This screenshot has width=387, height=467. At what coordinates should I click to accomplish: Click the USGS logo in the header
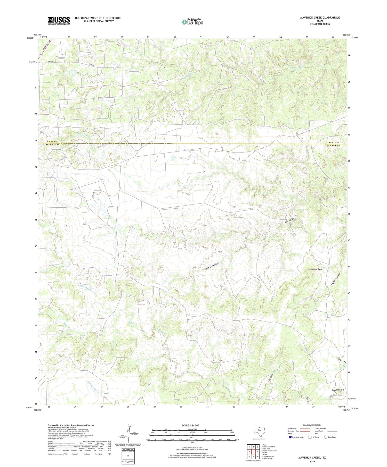59,21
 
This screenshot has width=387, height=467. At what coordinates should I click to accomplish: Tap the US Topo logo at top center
192,22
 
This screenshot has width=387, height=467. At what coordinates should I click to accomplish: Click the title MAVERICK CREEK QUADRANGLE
320,18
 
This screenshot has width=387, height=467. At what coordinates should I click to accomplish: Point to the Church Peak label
317,269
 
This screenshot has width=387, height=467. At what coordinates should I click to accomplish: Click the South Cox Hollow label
212,266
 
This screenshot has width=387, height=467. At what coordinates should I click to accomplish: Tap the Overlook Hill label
337,390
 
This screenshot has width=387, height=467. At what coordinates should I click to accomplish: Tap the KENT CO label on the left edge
52,142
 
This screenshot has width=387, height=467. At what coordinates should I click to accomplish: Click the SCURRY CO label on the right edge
334,145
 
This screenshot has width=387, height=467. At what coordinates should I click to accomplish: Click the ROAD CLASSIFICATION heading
312,425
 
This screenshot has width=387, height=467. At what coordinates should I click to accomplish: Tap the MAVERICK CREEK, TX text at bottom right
312,458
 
